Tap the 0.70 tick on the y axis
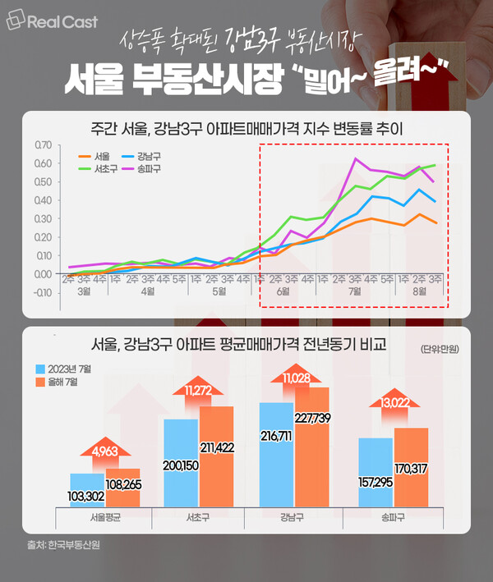(x=43, y=145)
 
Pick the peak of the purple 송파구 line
(x=355, y=158)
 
